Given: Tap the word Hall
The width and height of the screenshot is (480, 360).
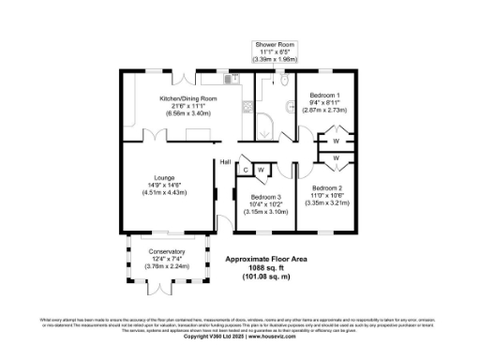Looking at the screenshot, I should point(225,162).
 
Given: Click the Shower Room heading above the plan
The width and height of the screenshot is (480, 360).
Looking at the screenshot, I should point(276,44).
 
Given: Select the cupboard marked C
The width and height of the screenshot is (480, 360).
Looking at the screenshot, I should point(246,170).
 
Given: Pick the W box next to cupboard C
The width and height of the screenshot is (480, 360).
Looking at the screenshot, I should point(262,170).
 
